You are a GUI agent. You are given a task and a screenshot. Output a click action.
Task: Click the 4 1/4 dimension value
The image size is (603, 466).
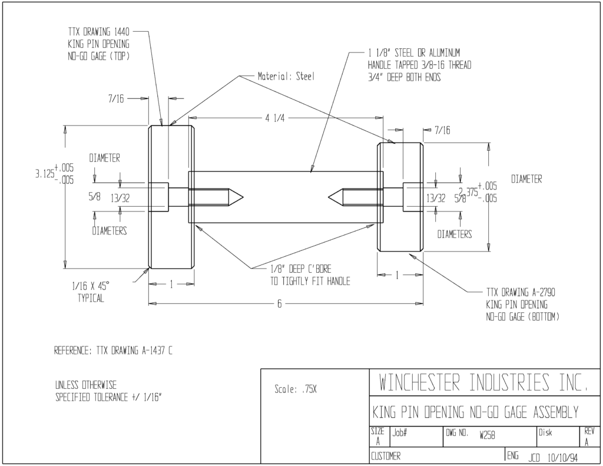click(275, 118)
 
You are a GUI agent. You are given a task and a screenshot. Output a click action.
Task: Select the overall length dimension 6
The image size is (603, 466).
click(280, 304)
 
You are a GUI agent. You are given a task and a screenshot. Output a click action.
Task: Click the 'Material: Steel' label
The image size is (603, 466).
click(286, 76)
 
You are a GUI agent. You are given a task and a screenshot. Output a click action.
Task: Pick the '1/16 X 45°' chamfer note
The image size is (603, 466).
click(91, 286)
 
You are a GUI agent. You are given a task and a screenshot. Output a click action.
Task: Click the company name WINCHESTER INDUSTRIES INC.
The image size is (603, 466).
click(483, 382)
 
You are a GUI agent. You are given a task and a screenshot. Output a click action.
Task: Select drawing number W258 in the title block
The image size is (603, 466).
click(487, 435)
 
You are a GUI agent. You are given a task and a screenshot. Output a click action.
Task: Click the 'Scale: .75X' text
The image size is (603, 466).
click(296, 389)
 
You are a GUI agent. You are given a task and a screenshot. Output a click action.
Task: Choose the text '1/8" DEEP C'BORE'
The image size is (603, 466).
click(301, 269)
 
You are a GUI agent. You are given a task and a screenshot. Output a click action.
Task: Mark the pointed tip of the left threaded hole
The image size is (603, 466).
click(243, 197)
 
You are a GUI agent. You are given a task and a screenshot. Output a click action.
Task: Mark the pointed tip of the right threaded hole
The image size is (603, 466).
click(328, 197)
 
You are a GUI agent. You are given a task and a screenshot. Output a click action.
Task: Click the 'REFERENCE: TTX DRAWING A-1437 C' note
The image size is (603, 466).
click(113, 351)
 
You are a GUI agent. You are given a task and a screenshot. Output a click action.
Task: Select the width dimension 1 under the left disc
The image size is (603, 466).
click(171, 285)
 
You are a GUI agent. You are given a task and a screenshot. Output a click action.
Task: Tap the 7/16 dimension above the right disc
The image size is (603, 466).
click(442, 130)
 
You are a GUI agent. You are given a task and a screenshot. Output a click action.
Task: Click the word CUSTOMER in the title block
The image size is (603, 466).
click(386, 457)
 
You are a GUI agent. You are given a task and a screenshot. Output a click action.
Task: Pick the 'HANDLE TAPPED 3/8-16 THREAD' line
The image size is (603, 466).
click(419, 65)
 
